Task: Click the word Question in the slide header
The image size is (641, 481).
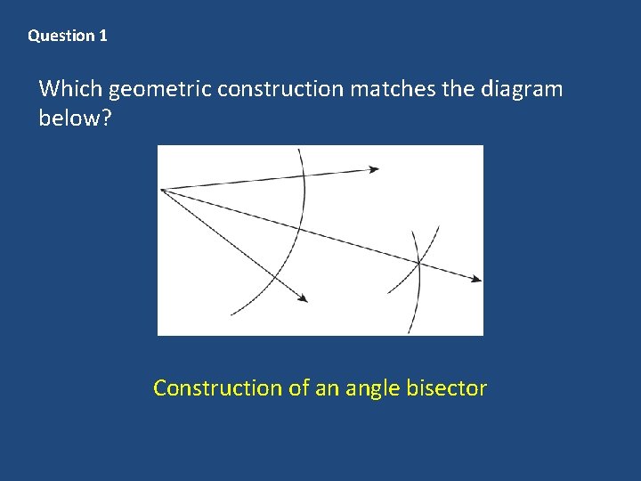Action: click(x=61, y=37)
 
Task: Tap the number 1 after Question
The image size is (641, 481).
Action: click(x=103, y=37)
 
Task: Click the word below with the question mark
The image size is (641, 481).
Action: click(x=75, y=118)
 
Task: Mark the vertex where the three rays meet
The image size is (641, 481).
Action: click(x=161, y=189)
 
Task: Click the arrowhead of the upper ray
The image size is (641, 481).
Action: click(x=374, y=168)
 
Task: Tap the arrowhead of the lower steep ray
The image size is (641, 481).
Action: click(x=304, y=298)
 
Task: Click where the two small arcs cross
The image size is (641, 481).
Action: click(x=418, y=261)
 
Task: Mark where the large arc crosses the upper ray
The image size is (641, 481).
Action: click(x=304, y=175)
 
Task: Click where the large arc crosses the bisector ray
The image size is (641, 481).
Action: click(x=298, y=227)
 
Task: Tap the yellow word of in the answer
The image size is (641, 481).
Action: click(x=296, y=388)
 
